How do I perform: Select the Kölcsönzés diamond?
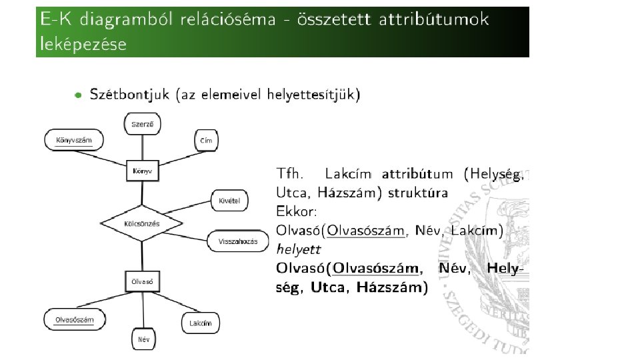[141, 224]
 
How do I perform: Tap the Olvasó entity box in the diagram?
[142, 281]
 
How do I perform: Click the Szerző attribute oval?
[142, 124]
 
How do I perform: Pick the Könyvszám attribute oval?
[74, 140]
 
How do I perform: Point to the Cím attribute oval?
[205, 140]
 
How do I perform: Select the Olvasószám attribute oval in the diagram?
[75, 319]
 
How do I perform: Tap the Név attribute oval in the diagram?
[143, 339]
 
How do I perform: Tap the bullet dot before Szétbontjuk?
[79, 95]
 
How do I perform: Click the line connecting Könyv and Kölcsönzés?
[141, 193]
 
